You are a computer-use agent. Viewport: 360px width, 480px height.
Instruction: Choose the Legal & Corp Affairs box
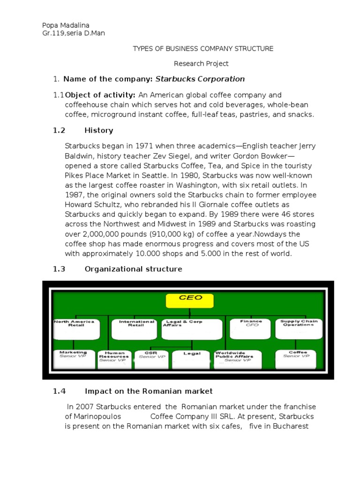(x=192, y=330)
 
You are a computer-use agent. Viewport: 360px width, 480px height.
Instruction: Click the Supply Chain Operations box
(x=299, y=330)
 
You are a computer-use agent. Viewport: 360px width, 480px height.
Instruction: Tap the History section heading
(x=98, y=130)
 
